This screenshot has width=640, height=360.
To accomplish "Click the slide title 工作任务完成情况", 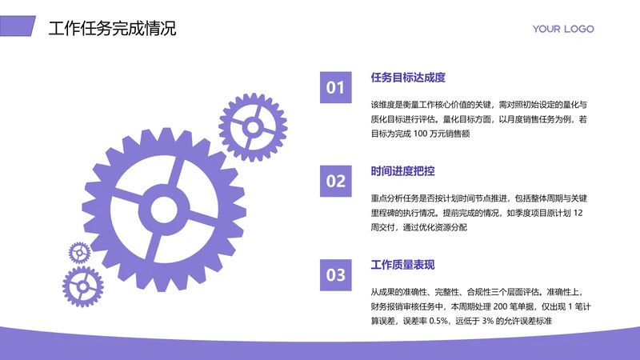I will pyautogui.click(x=112, y=29).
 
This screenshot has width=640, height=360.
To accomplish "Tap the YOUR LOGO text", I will pyautogui.click(x=563, y=29).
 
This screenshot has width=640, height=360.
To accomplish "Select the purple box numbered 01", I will pyautogui.click(x=336, y=87).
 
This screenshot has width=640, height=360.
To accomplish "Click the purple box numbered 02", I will pyautogui.click(x=336, y=181).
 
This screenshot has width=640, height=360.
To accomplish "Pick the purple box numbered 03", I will pyautogui.click(x=336, y=275).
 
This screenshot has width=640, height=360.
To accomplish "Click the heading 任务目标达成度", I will pyautogui.click(x=408, y=78).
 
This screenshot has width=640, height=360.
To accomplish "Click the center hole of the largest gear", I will pyautogui.click(x=166, y=210).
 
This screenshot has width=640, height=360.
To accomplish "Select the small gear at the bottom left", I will pyautogui.click(x=83, y=287).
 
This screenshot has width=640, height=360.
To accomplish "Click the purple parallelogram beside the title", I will pyautogui.click(x=18, y=27).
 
